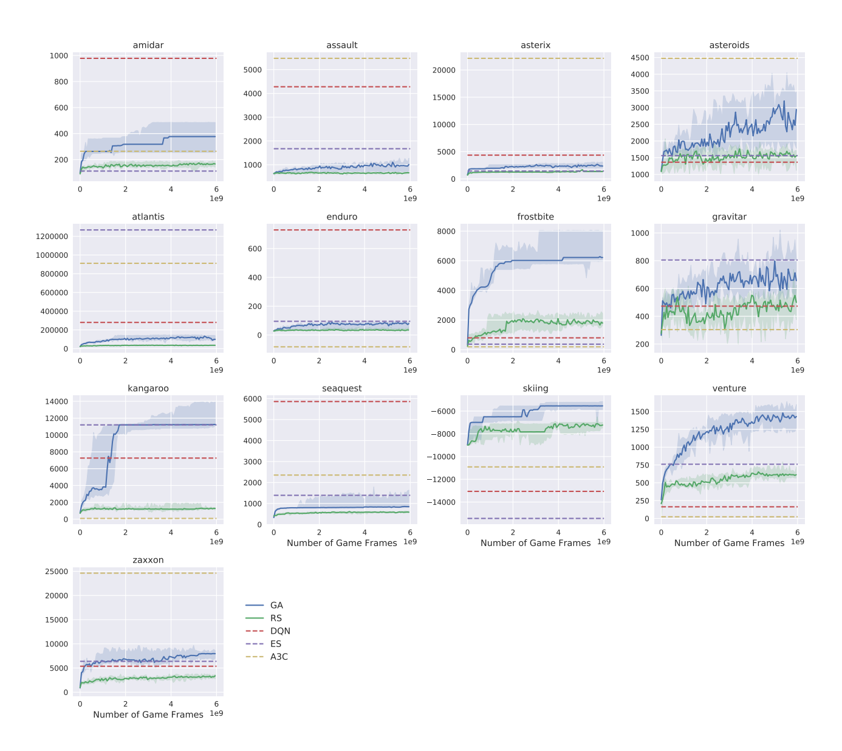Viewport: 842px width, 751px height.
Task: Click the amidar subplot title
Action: pyautogui.click(x=148, y=45)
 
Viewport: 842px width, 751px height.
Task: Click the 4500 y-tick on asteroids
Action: pyautogui.click(x=640, y=58)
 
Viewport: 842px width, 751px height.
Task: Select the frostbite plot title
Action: pyautogui.click(x=535, y=216)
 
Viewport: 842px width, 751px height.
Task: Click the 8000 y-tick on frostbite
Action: pyautogui.click(x=446, y=231)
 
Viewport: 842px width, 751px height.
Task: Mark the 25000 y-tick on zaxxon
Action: pyautogui.click(x=56, y=572)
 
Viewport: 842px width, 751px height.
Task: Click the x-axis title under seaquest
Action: pyautogui.click(x=341, y=543)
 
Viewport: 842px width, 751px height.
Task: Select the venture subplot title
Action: pyautogui.click(x=729, y=388)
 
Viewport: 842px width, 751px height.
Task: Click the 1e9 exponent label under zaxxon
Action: pyautogui.click(x=216, y=713)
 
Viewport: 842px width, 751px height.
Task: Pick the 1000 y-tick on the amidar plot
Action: pyautogui.click(x=59, y=56)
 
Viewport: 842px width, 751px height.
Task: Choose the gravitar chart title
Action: pyautogui.click(x=729, y=216)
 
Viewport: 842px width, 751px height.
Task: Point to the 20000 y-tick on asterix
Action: pyautogui.click(x=443, y=70)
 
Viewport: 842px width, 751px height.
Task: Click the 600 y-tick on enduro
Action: pyautogui.click(x=255, y=249)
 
